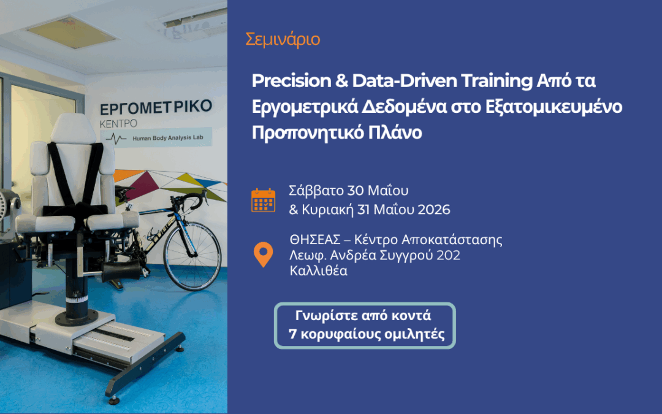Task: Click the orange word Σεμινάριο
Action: pos(283,40)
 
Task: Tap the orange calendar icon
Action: pos(263,200)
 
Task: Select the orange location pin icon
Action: pos(263,255)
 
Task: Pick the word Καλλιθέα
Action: pos(319,270)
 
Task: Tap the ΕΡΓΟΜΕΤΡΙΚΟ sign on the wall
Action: pos(156,109)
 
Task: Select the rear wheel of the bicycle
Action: pos(193,258)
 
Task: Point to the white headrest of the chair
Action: pos(73,128)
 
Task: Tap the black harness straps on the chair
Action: pos(74,175)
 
